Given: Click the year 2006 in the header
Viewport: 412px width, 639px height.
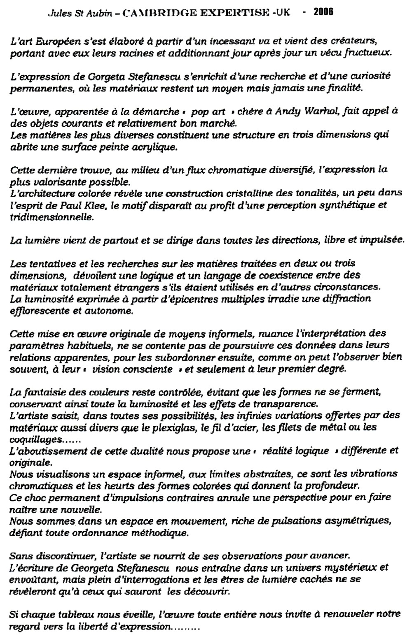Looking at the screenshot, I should tap(323, 12).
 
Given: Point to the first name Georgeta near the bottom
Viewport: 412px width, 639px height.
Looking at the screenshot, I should tap(99, 568).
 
